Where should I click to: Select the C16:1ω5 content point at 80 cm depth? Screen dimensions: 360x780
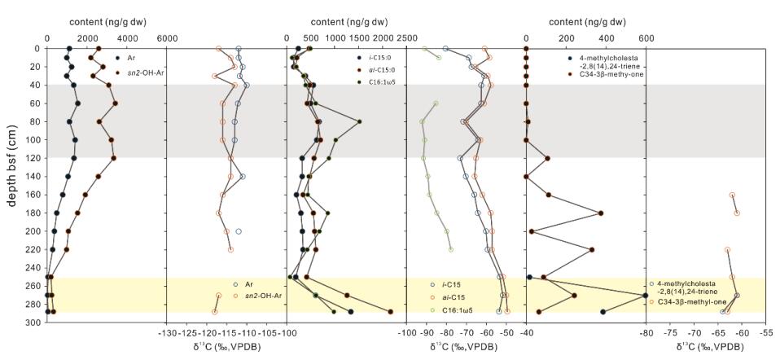(360, 121)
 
